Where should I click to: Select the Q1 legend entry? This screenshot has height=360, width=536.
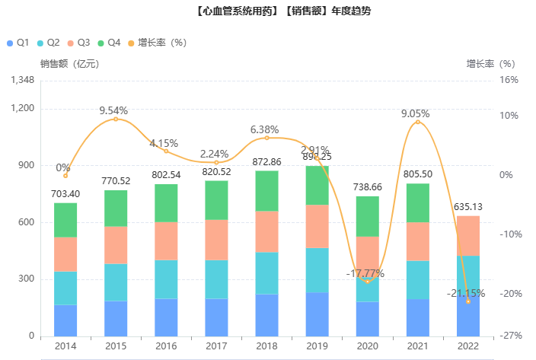click(x=18, y=43)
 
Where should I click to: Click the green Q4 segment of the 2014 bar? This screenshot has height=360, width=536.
click(x=65, y=220)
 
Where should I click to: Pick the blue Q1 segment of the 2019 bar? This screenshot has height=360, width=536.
click(x=317, y=314)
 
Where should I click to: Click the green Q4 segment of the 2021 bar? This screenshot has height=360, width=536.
click(x=418, y=203)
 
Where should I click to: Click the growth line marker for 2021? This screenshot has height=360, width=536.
click(x=418, y=123)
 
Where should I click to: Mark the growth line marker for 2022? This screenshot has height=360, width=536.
click(x=468, y=301)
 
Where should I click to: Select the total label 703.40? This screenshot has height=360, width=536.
click(x=65, y=194)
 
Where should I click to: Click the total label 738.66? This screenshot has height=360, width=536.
click(x=368, y=187)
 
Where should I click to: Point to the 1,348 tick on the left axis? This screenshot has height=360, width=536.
click(x=23, y=80)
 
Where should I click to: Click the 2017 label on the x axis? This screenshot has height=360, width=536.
click(x=216, y=346)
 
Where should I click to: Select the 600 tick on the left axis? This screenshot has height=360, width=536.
click(x=27, y=222)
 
